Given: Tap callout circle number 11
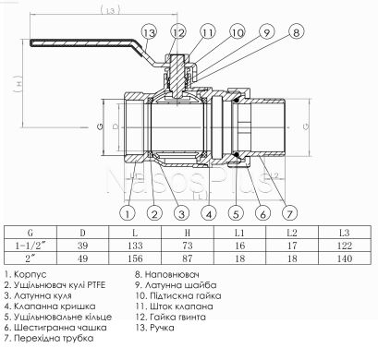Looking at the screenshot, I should (x=206, y=32).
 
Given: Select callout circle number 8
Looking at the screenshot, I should (x=295, y=32).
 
